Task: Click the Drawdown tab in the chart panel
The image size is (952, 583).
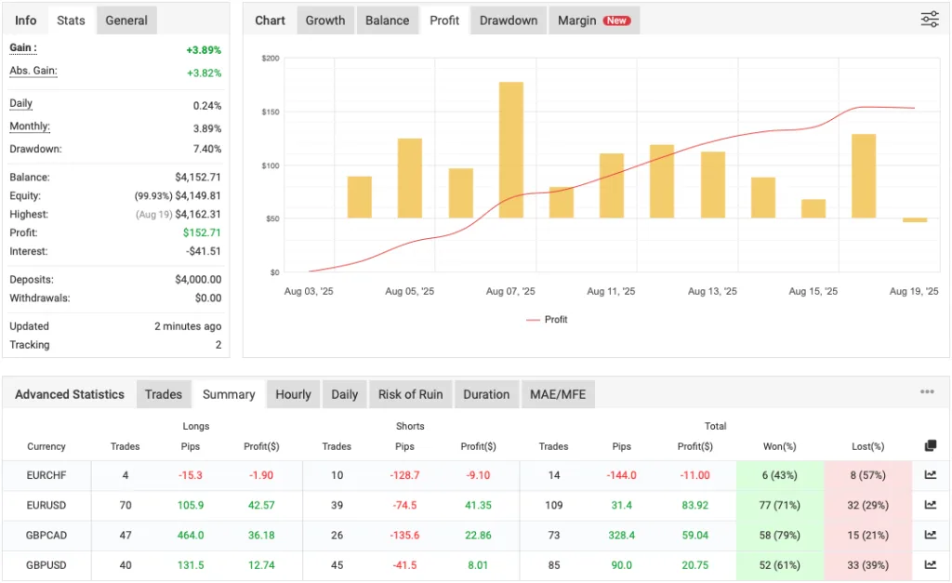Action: (509, 20)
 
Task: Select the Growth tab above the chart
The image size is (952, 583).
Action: (325, 20)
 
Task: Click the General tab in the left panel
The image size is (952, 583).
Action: (126, 20)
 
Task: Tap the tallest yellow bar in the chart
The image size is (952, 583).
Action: (511, 150)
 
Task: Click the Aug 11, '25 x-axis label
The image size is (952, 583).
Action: (611, 291)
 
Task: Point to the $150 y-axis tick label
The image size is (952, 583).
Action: (271, 112)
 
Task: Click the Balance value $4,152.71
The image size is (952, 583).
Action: (198, 178)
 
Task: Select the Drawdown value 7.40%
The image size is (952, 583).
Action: (206, 150)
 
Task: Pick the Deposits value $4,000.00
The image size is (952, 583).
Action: (198, 280)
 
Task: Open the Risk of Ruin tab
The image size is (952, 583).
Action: (410, 394)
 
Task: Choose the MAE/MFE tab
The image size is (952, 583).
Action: (558, 394)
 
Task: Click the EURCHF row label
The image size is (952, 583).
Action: (46, 475)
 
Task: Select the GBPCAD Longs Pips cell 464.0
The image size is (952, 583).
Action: (191, 535)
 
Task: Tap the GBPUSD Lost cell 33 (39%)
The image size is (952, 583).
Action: (866, 564)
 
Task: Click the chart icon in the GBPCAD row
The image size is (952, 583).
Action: (930, 535)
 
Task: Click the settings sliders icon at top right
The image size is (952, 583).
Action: (930, 20)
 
